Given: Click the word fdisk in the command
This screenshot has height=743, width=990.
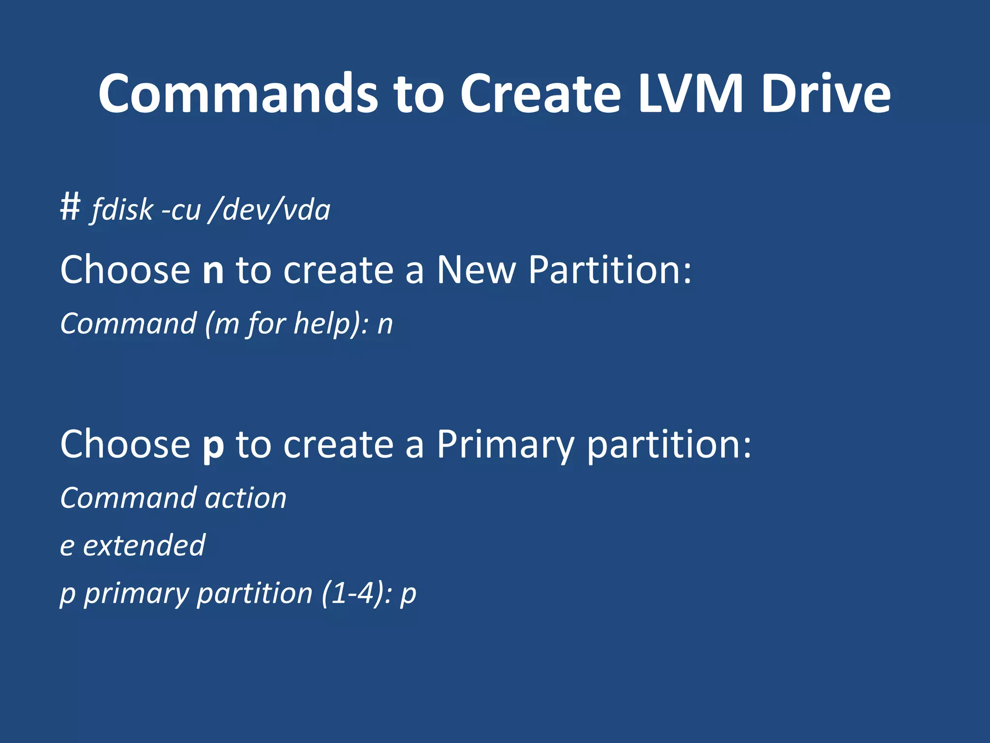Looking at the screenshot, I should coord(122,210).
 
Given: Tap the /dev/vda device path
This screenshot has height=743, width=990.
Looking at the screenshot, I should coord(269,210).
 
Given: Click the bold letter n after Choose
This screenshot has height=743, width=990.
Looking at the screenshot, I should coord(213,270).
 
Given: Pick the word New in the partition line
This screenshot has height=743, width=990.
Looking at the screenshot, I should coord(476,269).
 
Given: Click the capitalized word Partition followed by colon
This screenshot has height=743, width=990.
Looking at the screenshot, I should coord(609,269).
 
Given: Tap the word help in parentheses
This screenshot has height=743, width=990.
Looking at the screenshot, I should coord(321,324).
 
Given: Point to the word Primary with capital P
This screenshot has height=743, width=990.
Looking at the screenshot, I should coord(505,445).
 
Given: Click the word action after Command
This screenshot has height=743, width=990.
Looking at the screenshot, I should coord(246,498).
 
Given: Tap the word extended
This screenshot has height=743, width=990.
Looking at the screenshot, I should coord(144,546).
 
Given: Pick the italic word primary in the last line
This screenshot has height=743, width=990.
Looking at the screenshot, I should coord(136,594).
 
